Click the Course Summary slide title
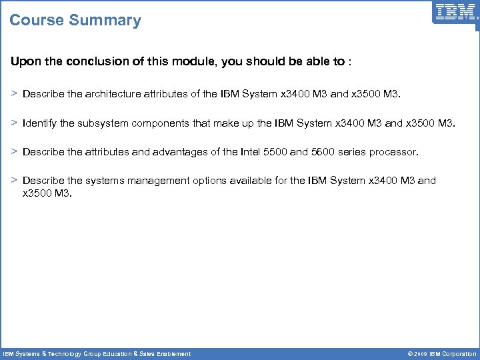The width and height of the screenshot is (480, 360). coord(75,20)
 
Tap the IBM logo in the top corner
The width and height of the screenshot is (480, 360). coord(455,12)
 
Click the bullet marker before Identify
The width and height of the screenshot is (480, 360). coord(14,123)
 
